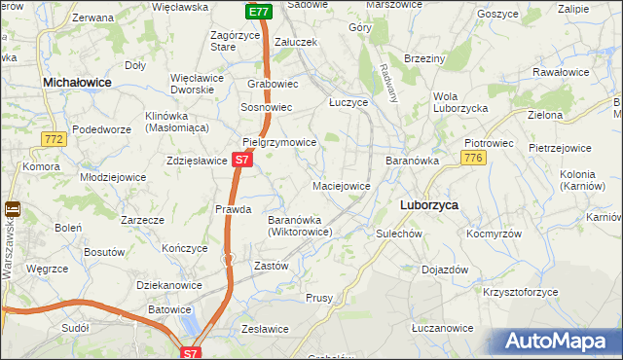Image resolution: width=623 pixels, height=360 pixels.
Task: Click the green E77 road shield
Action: click(x=257, y=12)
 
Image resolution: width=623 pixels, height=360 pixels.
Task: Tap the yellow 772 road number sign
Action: click(x=55, y=141)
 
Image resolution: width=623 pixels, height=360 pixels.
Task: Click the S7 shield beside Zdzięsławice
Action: click(x=244, y=159)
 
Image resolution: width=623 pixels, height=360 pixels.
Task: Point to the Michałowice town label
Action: click(x=77, y=85)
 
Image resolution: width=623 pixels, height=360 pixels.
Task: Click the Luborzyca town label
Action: click(x=429, y=205)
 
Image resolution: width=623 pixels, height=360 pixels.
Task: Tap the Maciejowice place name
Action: click(x=341, y=185)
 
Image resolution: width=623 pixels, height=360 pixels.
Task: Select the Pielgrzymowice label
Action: click(x=279, y=142)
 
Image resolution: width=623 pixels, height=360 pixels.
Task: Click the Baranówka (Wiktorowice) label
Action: click(x=300, y=226)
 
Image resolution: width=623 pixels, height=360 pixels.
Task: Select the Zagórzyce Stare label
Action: click(x=238, y=41)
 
